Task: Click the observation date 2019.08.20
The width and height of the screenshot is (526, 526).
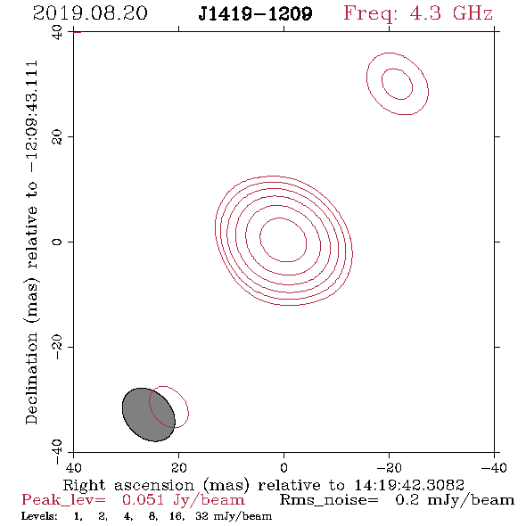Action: click(x=90, y=13)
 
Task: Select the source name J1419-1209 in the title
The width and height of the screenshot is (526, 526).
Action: click(x=255, y=14)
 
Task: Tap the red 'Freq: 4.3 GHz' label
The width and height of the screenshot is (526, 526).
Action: click(x=418, y=13)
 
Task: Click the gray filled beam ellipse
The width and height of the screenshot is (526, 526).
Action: click(x=149, y=415)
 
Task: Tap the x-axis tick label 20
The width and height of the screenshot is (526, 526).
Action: click(x=178, y=467)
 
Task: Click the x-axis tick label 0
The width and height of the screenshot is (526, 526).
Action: click(x=284, y=467)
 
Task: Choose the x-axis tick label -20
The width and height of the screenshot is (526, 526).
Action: click(x=389, y=467)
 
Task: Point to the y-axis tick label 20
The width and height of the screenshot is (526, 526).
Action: click(x=57, y=137)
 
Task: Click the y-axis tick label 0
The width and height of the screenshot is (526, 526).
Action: click(x=57, y=242)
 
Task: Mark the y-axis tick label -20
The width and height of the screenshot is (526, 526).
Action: click(x=57, y=347)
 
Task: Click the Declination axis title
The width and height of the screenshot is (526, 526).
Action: click(x=31, y=242)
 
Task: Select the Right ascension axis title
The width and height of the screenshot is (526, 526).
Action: click(x=264, y=485)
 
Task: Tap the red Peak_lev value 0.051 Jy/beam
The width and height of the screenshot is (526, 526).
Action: click(x=184, y=500)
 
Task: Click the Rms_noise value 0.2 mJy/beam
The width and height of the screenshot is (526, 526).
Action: click(x=455, y=500)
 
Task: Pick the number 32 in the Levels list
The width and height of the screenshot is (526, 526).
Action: click(x=202, y=515)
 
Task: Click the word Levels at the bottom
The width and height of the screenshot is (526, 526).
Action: click(x=39, y=515)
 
